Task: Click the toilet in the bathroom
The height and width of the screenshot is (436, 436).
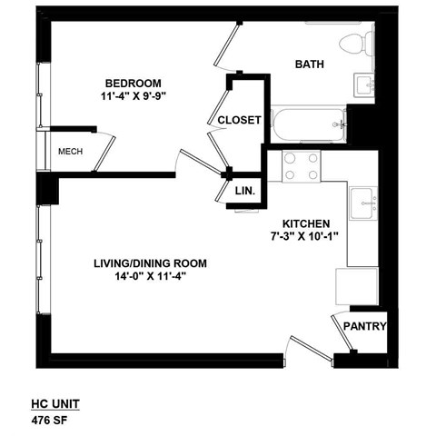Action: tap(356, 41)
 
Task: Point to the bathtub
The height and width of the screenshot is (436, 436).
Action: tap(308, 120)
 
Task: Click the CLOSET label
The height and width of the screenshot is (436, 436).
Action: tap(240, 120)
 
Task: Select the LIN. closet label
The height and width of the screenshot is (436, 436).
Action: tap(244, 192)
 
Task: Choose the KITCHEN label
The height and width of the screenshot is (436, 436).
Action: tap(305, 223)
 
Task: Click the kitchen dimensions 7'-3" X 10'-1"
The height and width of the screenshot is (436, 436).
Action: tap(305, 238)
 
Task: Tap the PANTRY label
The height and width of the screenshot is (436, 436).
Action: tap(364, 328)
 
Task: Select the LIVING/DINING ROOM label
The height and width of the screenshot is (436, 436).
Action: tap(150, 263)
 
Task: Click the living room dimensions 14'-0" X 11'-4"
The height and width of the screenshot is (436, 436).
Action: tap(150, 278)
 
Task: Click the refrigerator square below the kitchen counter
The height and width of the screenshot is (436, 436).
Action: tap(355, 286)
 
